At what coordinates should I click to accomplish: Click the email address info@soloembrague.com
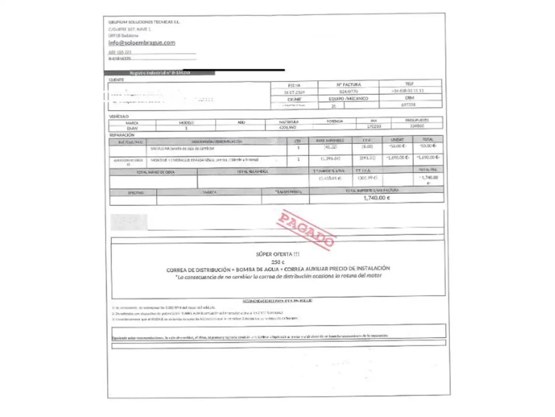pyautogui.click(x=141, y=42)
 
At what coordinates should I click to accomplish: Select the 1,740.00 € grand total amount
pyautogui.click(x=377, y=198)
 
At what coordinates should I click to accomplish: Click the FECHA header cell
pyautogui.click(x=294, y=85)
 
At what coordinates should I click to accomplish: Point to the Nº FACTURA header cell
pyautogui.click(x=348, y=85)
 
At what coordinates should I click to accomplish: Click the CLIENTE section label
pyautogui.click(x=116, y=80)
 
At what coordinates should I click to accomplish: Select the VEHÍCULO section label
pyautogui.click(x=119, y=116)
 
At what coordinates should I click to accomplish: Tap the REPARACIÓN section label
pyautogui.click(x=122, y=135)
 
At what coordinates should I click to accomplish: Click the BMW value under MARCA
pyautogui.click(x=132, y=128)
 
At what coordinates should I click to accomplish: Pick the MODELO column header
pyautogui.click(x=186, y=122)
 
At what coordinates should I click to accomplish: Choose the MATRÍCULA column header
pyautogui.click(x=289, y=122)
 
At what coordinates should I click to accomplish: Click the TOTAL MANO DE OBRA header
pyautogui.click(x=155, y=172)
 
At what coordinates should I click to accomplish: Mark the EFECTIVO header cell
pyautogui.click(x=136, y=192)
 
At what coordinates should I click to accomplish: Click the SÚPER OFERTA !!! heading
pyautogui.click(x=277, y=254)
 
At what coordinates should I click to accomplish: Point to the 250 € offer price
pyautogui.click(x=277, y=262)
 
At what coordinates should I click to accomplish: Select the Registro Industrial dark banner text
pyautogui.click(x=160, y=73)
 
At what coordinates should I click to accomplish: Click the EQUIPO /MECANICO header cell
pyautogui.click(x=348, y=99)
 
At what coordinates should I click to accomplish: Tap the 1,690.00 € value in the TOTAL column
pyautogui.click(x=428, y=158)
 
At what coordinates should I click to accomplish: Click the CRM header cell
pyautogui.click(x=409, y=98)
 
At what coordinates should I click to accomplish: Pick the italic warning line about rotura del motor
pyautogui.click(x=279, y=276)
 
